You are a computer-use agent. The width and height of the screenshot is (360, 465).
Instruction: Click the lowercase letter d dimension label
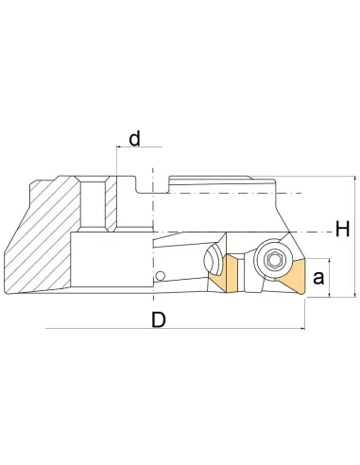pos(134,140)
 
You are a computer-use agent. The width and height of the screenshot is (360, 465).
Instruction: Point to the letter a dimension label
pos(318,278)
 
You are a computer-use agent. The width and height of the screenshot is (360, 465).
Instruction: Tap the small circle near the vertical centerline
pos(161,276)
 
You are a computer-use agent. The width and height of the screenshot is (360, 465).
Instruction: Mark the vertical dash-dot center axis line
pos(151,236)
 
